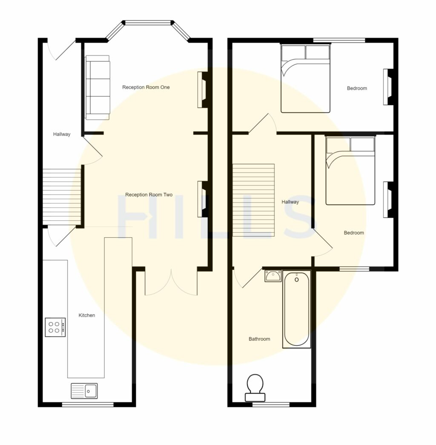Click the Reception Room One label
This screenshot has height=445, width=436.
(146, 87)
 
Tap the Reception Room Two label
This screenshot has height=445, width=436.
(149, 195)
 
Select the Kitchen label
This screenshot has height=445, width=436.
(87, 315)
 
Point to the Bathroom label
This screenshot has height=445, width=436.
(259, 339)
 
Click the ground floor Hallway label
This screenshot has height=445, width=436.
(62, 134)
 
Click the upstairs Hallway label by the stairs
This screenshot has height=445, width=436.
(290, 202)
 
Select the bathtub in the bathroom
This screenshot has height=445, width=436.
(297, 309)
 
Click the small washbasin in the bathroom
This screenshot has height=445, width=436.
(273, 276)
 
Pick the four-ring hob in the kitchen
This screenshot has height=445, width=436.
(55, 327)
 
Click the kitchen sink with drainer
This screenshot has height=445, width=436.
(84, 390)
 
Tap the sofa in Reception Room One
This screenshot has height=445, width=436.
(98, 87)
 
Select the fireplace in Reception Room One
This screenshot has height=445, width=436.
(202, 90)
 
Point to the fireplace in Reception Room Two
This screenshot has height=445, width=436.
(202, 199)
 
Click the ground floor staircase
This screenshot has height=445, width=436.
(62, 196)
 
